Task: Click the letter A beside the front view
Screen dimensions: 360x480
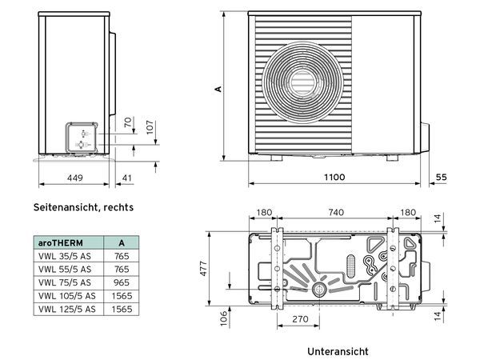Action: pyautogui.click(x=218, y=90)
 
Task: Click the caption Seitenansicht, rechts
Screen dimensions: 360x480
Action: pyautogui.click(x=83, y=207)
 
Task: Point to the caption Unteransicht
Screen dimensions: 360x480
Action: pyautogui.click(x=338, y=351)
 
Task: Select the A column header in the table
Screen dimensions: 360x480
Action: pyautogui.click(x=120, y=242)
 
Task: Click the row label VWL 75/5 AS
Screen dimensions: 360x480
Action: pyautogui.click(x=64, y=282)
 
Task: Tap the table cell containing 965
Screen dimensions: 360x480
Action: pyautogui.click(x=121, y=282)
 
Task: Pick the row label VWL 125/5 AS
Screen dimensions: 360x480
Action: pyautogui.click(x=66, y=308)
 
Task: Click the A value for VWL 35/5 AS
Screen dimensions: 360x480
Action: pyautogui.click(x=121, y=256)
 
